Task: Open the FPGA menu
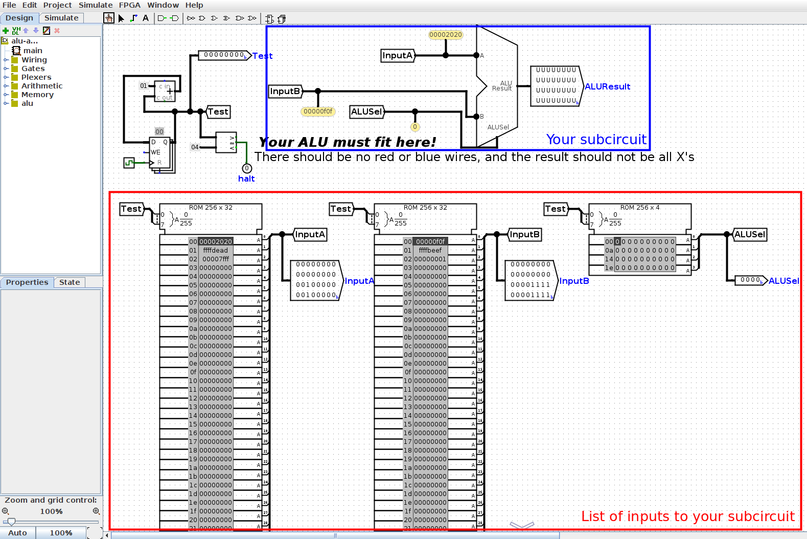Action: (129, 5)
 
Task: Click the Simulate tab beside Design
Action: (61, 18)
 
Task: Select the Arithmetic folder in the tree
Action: (41, 86)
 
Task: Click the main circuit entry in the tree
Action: (33, 51)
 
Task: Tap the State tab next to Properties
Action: (70, 282)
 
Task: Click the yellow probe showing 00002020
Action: (445, 35)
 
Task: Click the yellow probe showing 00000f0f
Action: (317, 111)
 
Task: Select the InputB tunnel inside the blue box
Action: (285, 92)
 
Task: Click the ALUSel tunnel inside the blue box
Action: (366, 111)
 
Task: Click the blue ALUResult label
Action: (607, 87)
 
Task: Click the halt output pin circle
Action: (247, 168)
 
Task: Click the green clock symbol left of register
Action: (129, 163)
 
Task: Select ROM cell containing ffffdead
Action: (215, 251)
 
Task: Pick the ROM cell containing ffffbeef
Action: (430, 251)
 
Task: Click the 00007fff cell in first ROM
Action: (215, 259)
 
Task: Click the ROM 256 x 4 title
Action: (640, 208)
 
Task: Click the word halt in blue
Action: (246, 179)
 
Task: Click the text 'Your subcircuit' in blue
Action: (596, 140)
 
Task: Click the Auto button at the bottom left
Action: (17, 533)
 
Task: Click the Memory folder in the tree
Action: (37, 95)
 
